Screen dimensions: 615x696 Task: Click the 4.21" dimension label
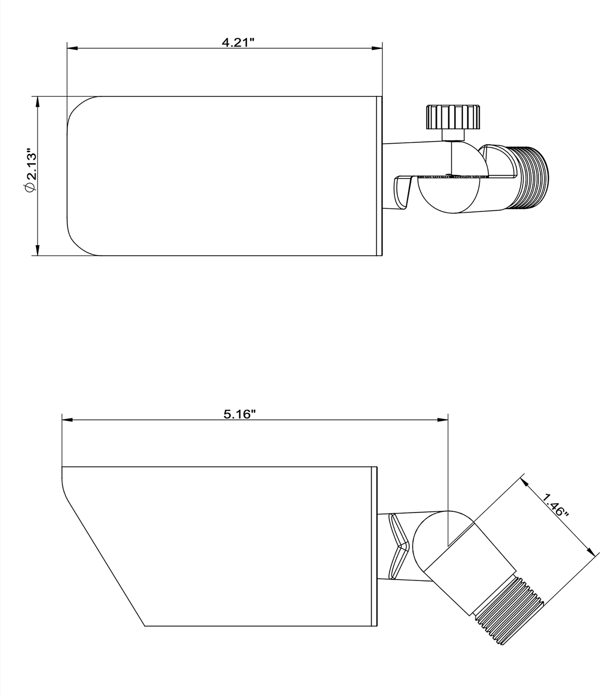click(x=238, y=42)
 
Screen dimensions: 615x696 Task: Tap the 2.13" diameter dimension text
click(x=32, y=164)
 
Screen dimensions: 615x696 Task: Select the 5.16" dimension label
click(x=240, y=414)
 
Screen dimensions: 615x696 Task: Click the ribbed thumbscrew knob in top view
click(x=453, y=117)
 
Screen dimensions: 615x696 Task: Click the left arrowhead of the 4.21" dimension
click(x=73, y=48)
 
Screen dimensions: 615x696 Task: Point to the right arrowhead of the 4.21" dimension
click(x=377, y=48)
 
